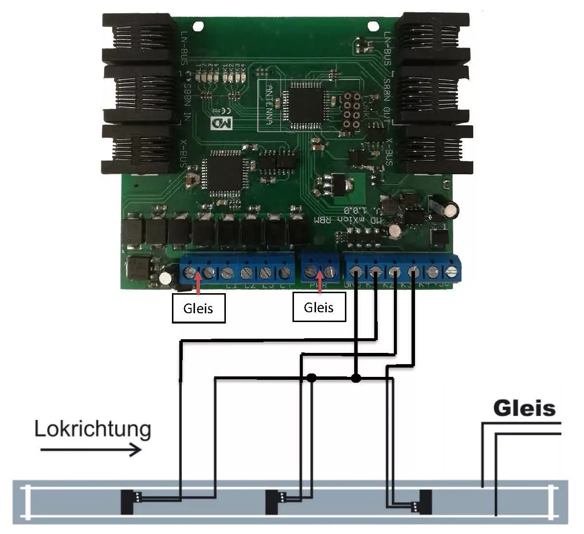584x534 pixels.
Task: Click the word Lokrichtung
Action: [93, 429]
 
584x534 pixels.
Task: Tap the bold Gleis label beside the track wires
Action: [524, 408]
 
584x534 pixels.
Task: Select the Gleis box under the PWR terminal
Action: [318, 308]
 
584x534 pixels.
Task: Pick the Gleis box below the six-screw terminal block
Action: [198, 308]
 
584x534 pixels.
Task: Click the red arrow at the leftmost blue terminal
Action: [198, 284]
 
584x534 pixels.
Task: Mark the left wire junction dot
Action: [311, 377]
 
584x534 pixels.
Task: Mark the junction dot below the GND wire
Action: [356, 377]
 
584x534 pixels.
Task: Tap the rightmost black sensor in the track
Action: [425, 502]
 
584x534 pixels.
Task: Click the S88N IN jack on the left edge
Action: [140, 94]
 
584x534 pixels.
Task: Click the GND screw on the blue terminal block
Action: [356, 270]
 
